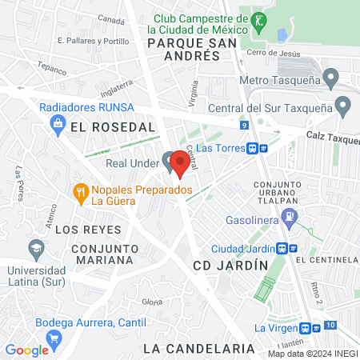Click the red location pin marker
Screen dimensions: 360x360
[180, 164]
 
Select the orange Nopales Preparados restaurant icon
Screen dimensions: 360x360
[80, 191]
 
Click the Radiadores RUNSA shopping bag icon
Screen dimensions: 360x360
[58, 122]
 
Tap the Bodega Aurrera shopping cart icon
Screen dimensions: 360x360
[54, 338]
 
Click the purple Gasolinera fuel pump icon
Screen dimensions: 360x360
[291, 215]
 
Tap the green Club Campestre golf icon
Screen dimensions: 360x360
[259, 20]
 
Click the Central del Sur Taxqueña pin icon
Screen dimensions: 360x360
[343, 104]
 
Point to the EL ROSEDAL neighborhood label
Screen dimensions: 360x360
[112, 127]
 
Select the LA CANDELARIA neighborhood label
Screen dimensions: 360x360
[198, 349]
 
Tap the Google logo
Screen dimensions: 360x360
[26, 350]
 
